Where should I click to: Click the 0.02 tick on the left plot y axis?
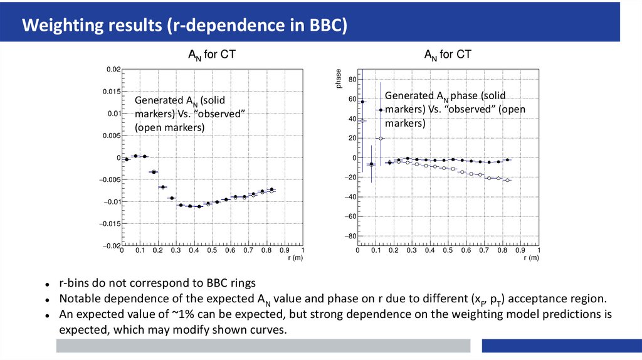tap(112, 70)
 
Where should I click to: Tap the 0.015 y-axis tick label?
tap(111, 92)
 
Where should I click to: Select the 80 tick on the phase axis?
tap(352, 80)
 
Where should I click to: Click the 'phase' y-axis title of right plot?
tap(339, 81)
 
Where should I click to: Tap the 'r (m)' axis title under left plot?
tap(295, 258)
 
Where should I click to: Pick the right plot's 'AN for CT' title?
tap(448, 55)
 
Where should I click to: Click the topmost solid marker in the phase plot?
tap(362, 102)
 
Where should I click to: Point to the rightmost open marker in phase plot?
tap(507, 181)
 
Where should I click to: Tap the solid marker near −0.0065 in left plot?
tap(162, 187)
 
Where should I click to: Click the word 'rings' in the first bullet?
tap(241, 283)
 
